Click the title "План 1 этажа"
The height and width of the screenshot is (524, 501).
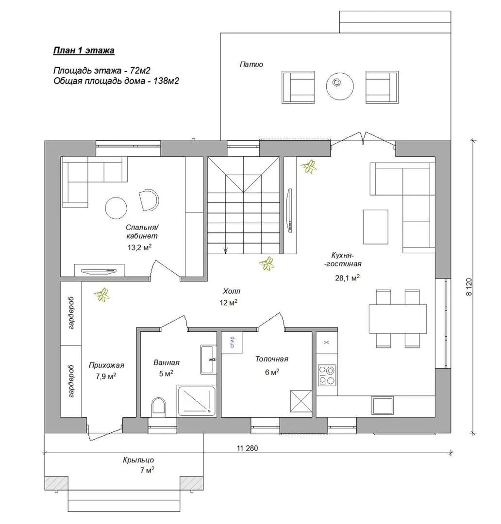(x=83, y=50)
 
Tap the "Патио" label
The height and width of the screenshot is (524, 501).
(x=251, y=64)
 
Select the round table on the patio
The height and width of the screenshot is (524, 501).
(x=340, y=85)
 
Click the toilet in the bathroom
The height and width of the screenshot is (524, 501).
(x=158, y=407)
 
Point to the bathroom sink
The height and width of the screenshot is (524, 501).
(x=208, y=359)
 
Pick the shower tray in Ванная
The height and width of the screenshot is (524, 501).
(x=197, y=401)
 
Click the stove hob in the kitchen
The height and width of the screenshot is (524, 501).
(x=327, y=375)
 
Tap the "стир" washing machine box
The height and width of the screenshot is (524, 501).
(x=232, y=342)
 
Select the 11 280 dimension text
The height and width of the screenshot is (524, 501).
(x=248, y=448)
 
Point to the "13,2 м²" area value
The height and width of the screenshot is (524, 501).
(x=139, y=247)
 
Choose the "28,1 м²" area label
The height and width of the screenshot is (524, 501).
(x=347, y=278)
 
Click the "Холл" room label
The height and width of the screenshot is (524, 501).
(x=232, y=291)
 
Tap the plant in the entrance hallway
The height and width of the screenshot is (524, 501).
(x=101, y=295)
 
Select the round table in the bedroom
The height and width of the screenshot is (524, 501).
(x=116, y=208)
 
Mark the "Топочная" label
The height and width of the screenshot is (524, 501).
(x=271, y=359)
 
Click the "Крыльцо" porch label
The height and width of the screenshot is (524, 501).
(x=138, y=460)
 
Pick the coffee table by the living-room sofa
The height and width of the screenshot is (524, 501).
(x=376, y=227)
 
